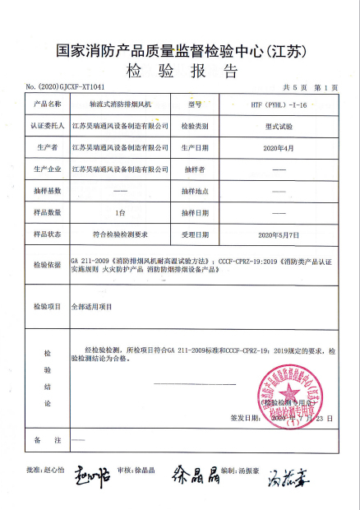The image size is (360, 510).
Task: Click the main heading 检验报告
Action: (x=181, y=69)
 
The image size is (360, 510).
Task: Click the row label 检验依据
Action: (x=48, y=265)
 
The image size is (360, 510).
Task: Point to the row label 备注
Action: (x=47, y=442)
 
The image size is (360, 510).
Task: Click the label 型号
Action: (x=194, y=106)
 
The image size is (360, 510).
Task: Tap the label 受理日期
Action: (x=195, y=234)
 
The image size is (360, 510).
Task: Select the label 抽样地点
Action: (x=195, y=192)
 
